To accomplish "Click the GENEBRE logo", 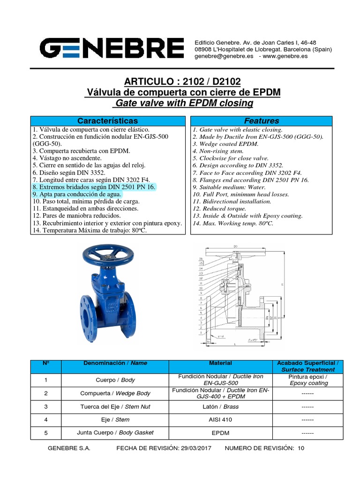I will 112,48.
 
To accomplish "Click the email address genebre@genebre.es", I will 224,56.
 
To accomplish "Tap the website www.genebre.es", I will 286,56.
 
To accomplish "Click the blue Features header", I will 262,121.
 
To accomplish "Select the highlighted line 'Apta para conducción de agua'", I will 77,194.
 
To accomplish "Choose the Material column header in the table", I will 220,363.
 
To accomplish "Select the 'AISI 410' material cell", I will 220,420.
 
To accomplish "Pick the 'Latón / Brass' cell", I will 220,406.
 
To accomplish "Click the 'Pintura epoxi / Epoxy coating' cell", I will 308,380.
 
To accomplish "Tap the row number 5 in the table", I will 46,433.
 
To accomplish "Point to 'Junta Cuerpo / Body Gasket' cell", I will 115,433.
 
